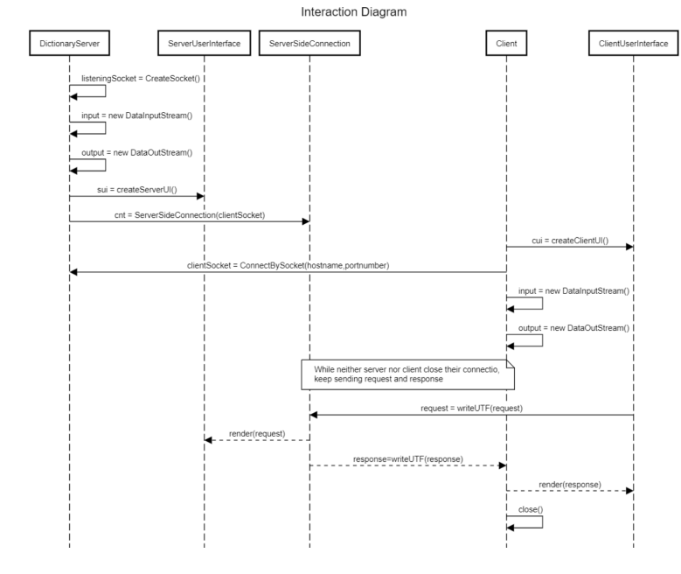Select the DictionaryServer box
(x=69, y=43)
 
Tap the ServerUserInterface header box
(x=204, y=43)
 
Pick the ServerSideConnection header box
(x=309, y=43)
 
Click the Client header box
(x=505, y=43)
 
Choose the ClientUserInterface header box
(x=633, y=43)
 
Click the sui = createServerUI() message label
(x=136, y=189)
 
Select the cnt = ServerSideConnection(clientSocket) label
(x=188, y=214)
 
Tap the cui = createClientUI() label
(x=569, y=239)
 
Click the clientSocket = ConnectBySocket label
(x=288, y=264)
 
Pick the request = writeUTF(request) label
(x=472, y=407)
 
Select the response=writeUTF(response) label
(x=407, y=458)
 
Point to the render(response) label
(x=569, y=483)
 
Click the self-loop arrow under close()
(x=525, y=521)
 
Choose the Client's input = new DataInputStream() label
(x=573, y=289)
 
